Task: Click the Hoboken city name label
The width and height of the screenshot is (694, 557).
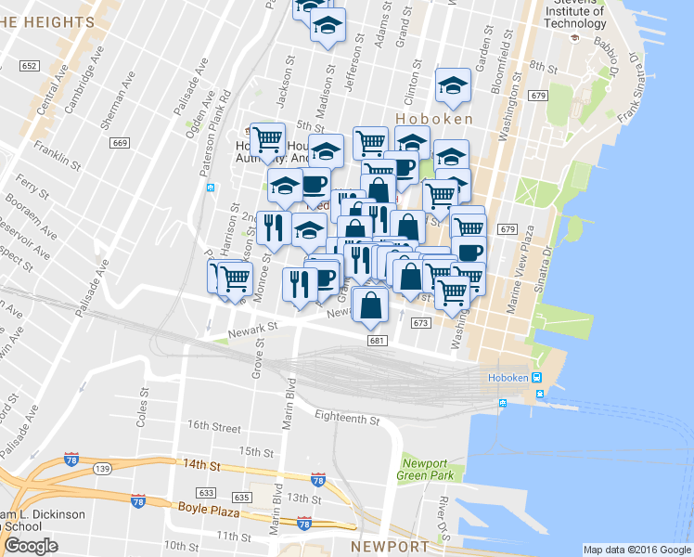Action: [434, 119]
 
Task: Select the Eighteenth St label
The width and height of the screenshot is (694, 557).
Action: [347, 419]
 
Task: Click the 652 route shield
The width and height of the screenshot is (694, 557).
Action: [29, 65]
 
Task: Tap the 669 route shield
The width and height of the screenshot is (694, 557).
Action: [119, 142]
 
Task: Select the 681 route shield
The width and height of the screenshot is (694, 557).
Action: [376, 340]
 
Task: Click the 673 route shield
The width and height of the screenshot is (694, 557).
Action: [420, 322]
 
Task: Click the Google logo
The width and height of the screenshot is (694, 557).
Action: [31, 546]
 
